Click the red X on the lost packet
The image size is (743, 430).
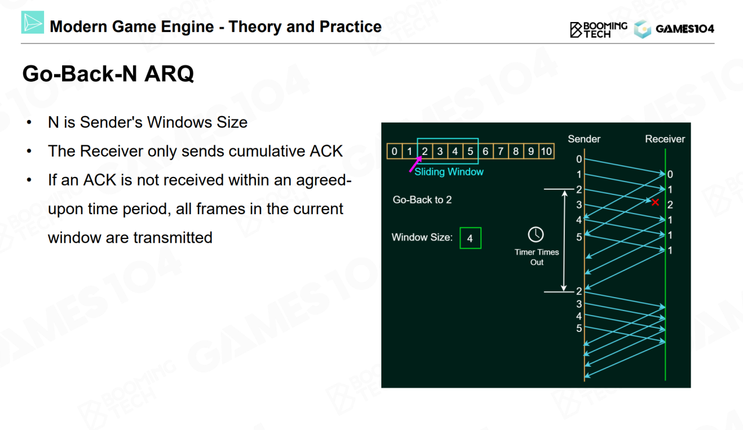point(655,202)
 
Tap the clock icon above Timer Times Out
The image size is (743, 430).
point(536,234)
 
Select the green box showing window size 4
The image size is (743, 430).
point(470,238)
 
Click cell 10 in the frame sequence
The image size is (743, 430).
point(546,151)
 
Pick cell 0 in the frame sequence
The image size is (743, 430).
point(394,151)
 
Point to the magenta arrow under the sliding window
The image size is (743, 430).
point(416,164)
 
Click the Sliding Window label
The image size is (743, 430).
point(449,172)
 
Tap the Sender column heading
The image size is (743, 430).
point(584,139)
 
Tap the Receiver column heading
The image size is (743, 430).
point(665,139)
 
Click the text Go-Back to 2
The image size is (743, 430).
point(422,200)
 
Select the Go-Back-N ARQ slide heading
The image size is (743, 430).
point(108,74)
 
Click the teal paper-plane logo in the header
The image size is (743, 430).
point(33,22)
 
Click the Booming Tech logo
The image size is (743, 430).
point(598,30)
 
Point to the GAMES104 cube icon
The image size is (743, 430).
point(643,29)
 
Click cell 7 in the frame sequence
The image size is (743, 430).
point(500,151)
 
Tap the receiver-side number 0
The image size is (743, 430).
point(670,175)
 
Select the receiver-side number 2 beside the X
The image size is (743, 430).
point(670,205)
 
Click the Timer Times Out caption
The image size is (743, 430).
point(537,257)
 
